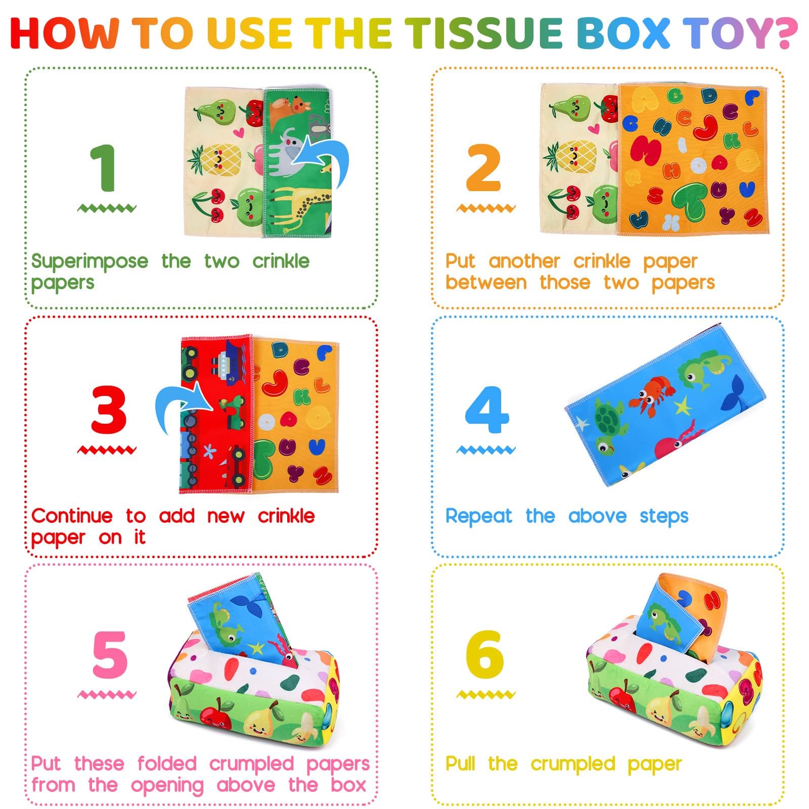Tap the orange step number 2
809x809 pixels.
(x=484, y=168)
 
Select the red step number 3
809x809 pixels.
(x=108, y=410)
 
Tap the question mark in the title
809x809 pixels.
(x=781, y=33)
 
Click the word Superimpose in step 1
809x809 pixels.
(x=89, y=262)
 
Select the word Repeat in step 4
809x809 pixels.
(x=478, y=516)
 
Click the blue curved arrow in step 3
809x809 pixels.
(x=182, y=404)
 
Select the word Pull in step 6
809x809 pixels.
(x=460, y=763)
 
